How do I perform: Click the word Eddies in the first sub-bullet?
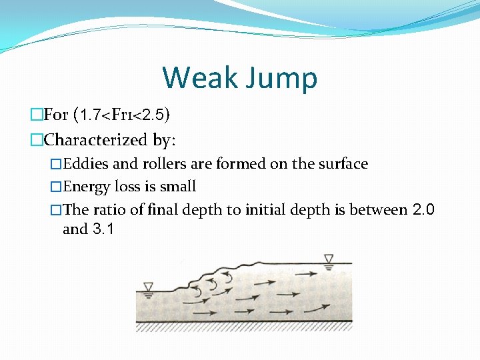tap(85, 164)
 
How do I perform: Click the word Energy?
tap(87, 187)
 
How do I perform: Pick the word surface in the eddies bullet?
tap(341, 164)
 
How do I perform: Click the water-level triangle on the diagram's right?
tap(328, 259)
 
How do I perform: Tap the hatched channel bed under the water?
tap(243, 327)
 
